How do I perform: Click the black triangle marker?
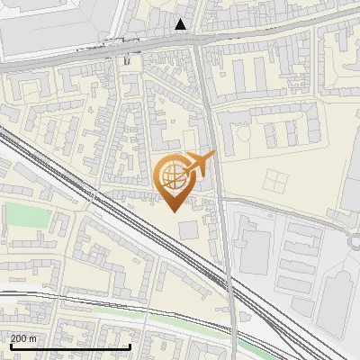click(x=182, y=24)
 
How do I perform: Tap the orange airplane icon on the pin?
click(x=199, y=165)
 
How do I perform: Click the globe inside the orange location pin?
click(x=171, y=175)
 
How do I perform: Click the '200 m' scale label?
click(x=23, y=337)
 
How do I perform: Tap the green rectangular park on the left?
click(x=27, y=216)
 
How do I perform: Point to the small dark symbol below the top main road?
click(x=127, y=60)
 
